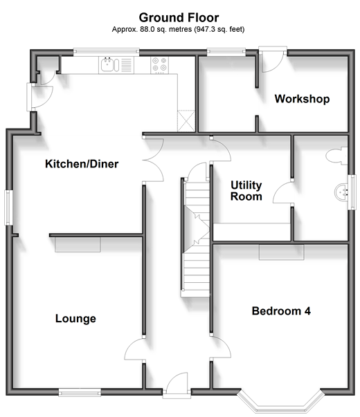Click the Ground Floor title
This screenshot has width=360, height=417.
[179, 18]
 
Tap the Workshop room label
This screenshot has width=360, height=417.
[302, 99]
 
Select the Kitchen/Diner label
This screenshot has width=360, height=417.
[82, 164]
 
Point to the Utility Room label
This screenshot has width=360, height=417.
[246, 191]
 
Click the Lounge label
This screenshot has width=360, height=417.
[75, 319]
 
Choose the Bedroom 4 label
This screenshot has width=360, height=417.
[281, 311]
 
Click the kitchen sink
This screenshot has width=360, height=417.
[109, 65]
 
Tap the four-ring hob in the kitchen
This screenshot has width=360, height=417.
[159, 65]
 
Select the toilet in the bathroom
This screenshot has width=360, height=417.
[337, 156]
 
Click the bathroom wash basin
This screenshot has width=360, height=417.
[341, 192]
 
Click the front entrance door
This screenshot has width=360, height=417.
[177, 384]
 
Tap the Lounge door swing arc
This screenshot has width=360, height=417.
[134, 349]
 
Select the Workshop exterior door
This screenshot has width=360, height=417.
[273, 60]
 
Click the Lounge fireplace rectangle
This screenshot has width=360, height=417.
[78, 244]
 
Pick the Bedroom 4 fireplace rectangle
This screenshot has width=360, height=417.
[282, 252]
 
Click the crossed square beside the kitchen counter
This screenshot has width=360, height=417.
[186, 121]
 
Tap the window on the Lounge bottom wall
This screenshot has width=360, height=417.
[80, 392]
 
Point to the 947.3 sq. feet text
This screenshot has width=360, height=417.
[219, 29]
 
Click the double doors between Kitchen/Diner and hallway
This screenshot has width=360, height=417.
[154, 160]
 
